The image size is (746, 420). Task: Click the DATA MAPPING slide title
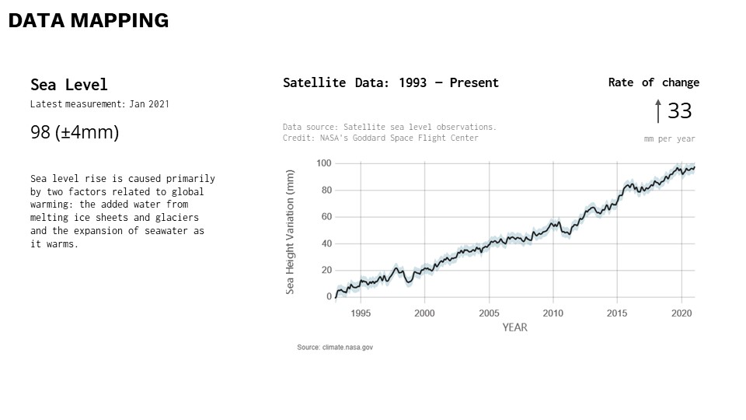pyautogui.click(x=89, y=21)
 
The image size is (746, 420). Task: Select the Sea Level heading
pyautogui.click(x=69, y=85)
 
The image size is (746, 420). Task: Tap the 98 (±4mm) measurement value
pyautogui.click(x=75, y=132)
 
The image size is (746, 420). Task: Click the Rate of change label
pyautogui.click(x=654, y=82)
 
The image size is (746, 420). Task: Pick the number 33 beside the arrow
pyautogui.click(x=679, y=111)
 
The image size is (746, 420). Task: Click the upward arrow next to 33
pyautogui.click(x=658, y=111)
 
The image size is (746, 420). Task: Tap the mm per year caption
pyautogui.click(x=669, y=139)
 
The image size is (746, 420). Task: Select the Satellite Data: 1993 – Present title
pyautogui.click(x=391, y=82)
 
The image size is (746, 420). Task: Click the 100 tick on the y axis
pyautogui.click(x=324, y=163)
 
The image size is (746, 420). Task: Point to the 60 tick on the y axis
pyautogui.click(x=326, y=217)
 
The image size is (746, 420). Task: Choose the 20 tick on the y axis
pyautogui.click(x=326, y=270)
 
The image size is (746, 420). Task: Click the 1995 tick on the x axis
pyautogui.click(x=361, y=313)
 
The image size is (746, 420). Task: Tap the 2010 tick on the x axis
pyautogui.click(x=553, y=313)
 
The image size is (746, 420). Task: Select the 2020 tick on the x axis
pyautogui.click(x=682, y=313)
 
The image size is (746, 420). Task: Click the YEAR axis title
pyautogui.click(x=514, y=327)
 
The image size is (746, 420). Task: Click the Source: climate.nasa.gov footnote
pyautogui.click(x=335, y=348)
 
